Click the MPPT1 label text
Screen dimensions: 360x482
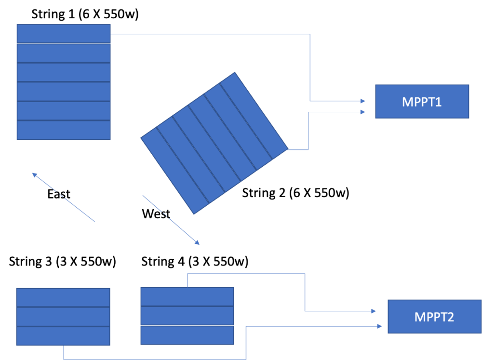pyautogui.click(x=422, y=102)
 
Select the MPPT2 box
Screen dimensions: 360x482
pyautogui.click(x=434, y=317)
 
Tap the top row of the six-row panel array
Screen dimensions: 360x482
pyautogui.click(x=63, y=34)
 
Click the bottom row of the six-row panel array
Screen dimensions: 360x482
pyautogui.click(x=63, y=130)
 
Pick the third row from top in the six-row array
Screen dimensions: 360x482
pyautogui.click(x=63, y=72)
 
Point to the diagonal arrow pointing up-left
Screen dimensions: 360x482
pyautogui.click(x=63, y=198)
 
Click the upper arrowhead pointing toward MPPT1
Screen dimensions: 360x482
pyautogui.click(x=362, y=101)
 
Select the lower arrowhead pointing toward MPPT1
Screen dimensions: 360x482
pyautogui.click(x=362, y=112)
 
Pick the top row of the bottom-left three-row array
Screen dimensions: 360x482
pyautogui.click(x=63, y=297)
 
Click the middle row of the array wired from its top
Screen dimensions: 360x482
pyautogui.click(x=187, y=316)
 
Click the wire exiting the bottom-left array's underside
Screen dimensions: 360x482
pyautogui.click(x=154, y=359)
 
